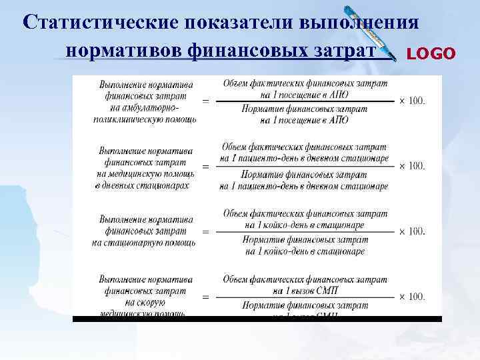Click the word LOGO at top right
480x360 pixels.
(431, 53)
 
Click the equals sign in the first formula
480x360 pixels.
(205, 102)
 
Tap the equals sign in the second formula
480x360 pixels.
(205, 166)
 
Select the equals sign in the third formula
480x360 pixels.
(205, 231)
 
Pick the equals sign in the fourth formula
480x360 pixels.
(205, 296)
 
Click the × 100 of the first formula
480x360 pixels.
(412, 101)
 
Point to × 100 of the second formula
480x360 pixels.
(412, 165)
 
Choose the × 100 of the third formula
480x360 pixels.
(412, 231)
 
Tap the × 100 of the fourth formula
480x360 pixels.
(412, 296)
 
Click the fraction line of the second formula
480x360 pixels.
(305, 166)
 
